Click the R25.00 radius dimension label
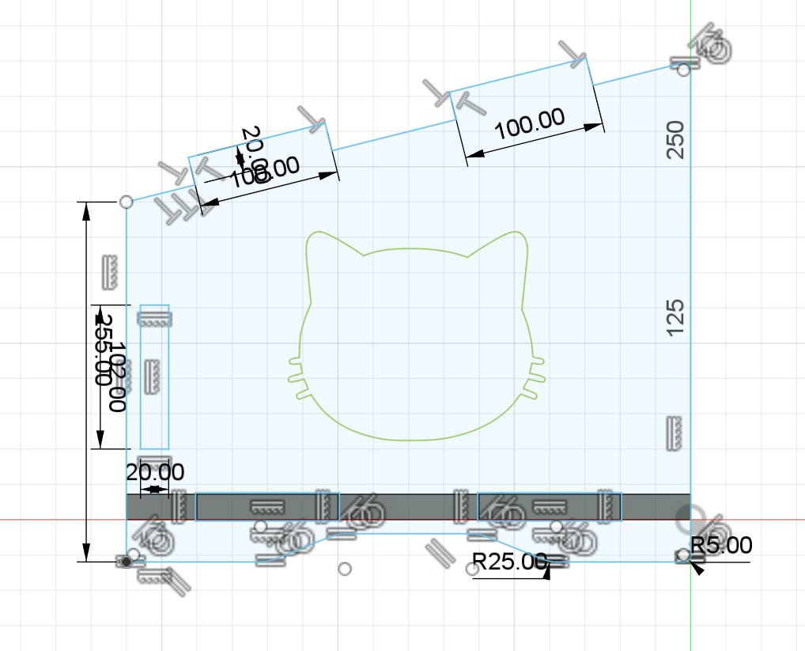click(x=509, y=562)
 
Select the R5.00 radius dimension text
click(x=721, y=544)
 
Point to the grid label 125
click(x=675, y=317)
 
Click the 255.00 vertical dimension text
click(x=102, y=348)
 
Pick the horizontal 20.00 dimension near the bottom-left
click(x=155, y=472)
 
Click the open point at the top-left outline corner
click(x=125, y=202)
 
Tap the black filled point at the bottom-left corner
click(x=125, y=561)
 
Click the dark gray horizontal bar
click(x=411, y=506)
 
